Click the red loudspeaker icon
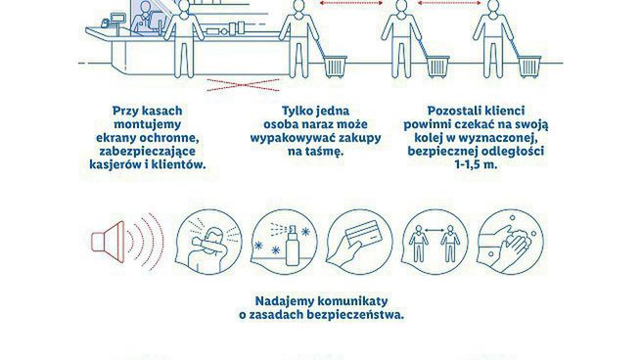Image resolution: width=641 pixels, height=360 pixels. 107,242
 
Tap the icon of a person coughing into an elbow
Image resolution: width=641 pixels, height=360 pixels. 208,242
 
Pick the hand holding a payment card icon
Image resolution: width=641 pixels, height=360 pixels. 360,242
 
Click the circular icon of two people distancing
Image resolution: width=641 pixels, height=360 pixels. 435,242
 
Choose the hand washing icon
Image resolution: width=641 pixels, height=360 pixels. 510,242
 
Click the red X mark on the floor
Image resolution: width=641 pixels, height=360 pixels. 244,85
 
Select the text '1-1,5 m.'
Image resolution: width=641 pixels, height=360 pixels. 476,164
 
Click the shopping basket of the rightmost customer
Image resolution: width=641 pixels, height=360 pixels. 530,67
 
